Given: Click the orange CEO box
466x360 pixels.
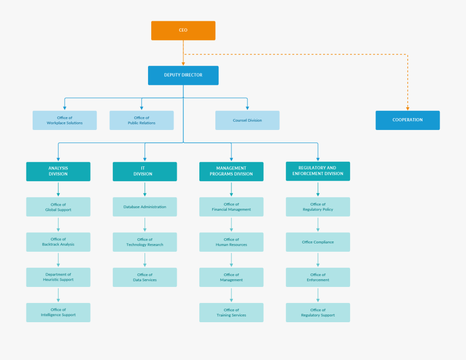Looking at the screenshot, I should coord(183,31).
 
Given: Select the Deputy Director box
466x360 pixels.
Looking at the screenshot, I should coord(183,75).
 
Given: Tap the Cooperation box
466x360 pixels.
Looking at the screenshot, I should coord(407,120).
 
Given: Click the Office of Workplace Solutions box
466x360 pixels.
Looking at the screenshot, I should coord(64,120).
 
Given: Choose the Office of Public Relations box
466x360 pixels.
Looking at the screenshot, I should coord(141,120).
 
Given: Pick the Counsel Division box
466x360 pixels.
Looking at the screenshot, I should coord(247,120).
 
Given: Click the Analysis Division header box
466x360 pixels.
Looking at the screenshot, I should coord(58,171).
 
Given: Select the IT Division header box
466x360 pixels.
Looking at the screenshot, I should coord(144,171).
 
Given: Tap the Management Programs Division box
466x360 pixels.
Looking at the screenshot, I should coord(231,171).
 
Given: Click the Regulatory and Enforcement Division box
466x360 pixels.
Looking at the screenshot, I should coord(317,171).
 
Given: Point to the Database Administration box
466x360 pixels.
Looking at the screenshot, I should coord(144,207).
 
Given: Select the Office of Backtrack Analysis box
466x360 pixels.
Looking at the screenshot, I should coord(58,242).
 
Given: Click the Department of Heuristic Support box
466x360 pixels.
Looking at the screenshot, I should coord(58,277).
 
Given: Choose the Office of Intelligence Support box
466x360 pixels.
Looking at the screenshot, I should coord(58,312).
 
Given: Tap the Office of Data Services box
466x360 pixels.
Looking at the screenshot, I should coord(144,277).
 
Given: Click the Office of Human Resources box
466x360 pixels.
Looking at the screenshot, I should coord(231,242).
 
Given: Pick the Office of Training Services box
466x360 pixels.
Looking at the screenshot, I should coord(231,312).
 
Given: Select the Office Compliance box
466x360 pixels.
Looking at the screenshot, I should coord(317,242).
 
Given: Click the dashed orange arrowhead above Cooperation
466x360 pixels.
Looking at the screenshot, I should coord(407,108).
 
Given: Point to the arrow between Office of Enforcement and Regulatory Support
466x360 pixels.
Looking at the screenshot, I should coord(317,295).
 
